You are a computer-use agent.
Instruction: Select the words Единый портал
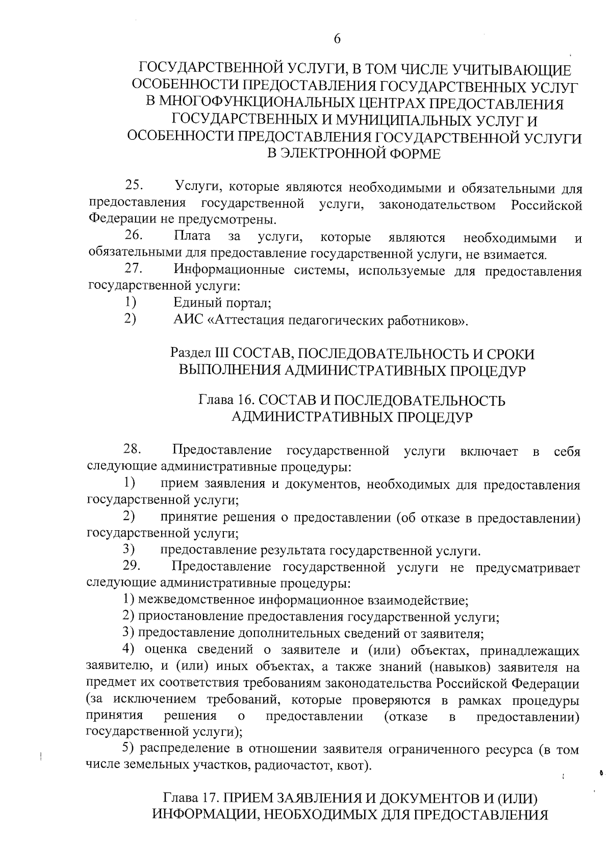point(222,304)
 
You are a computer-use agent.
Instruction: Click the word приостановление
point(190,617)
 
